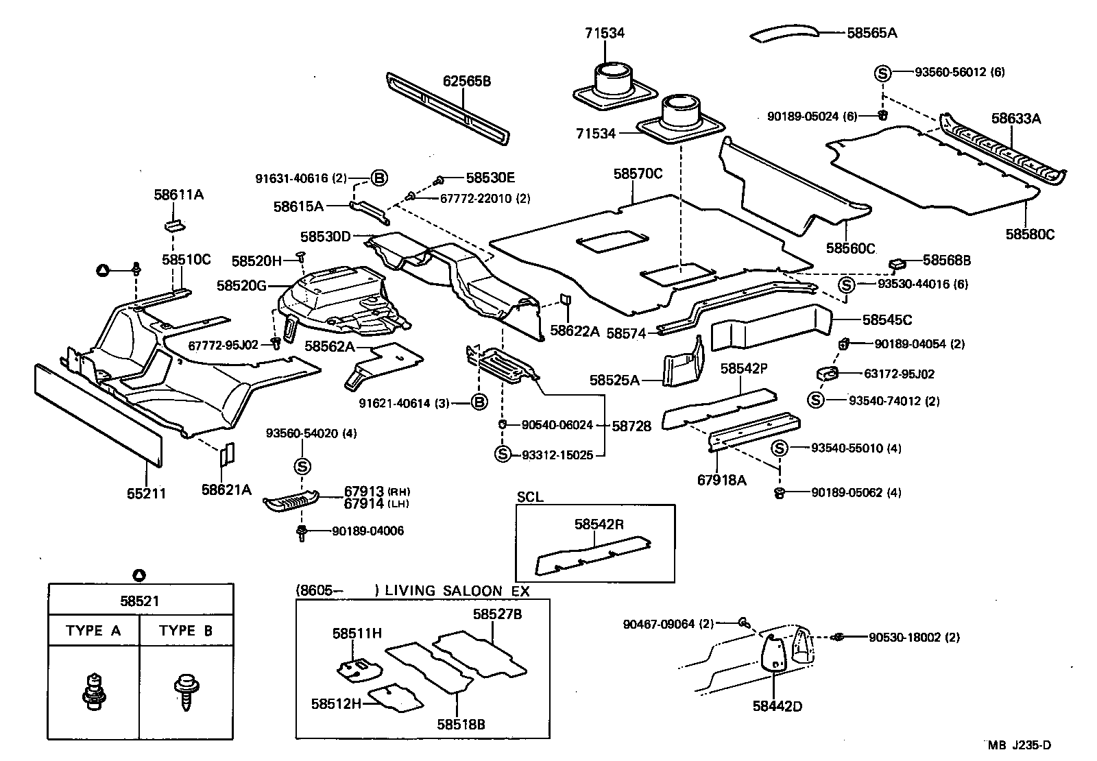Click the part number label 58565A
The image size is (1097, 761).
coord(871,32)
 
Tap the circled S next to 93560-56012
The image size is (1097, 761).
coord(882,73)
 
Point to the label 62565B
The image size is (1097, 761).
coord(466,82)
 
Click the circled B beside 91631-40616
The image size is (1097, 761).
coord(379,178)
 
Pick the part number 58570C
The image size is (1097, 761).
coord(638,174)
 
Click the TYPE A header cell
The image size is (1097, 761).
coord(93,631)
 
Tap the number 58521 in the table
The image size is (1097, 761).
coord(139,601)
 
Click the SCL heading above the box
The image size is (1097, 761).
coord(529,497)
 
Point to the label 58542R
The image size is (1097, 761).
coord(599,524)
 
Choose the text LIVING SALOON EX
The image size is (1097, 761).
coord(457,590)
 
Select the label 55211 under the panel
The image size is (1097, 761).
coord(145,492)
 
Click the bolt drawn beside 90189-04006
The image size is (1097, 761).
coord(301,532)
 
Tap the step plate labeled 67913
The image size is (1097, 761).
coord(291,501)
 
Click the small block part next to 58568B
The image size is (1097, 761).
coord(898,263)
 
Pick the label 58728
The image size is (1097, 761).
coord(631,426)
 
